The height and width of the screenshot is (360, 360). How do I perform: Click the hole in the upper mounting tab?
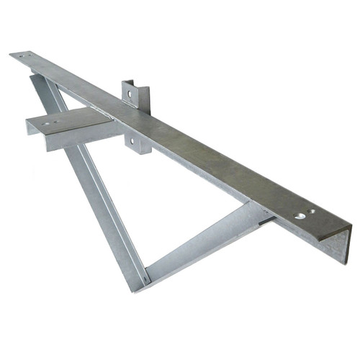[x=130, y=94]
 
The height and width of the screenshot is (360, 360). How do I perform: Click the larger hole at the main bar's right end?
[x=300, y=215]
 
